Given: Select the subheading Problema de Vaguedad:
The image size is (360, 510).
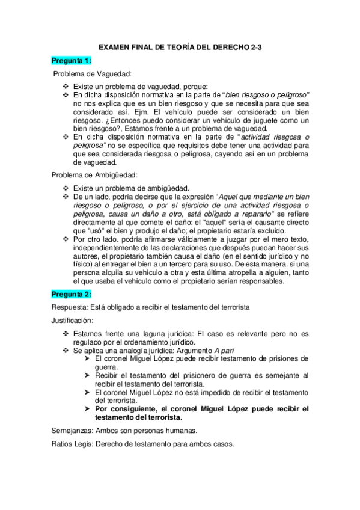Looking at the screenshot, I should pyautogui.click(x=93, y=74).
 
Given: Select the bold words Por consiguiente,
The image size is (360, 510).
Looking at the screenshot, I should pyautogui.click(x=129, y=408).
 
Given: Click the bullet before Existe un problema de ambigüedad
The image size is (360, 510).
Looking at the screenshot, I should pyautogui.click(x=66, y=188).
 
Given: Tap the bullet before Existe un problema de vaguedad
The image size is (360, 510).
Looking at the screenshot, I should pyautogui.click(x=66, y=87).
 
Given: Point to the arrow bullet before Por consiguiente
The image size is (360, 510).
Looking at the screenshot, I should pyautogui.click(x=88, y=408).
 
